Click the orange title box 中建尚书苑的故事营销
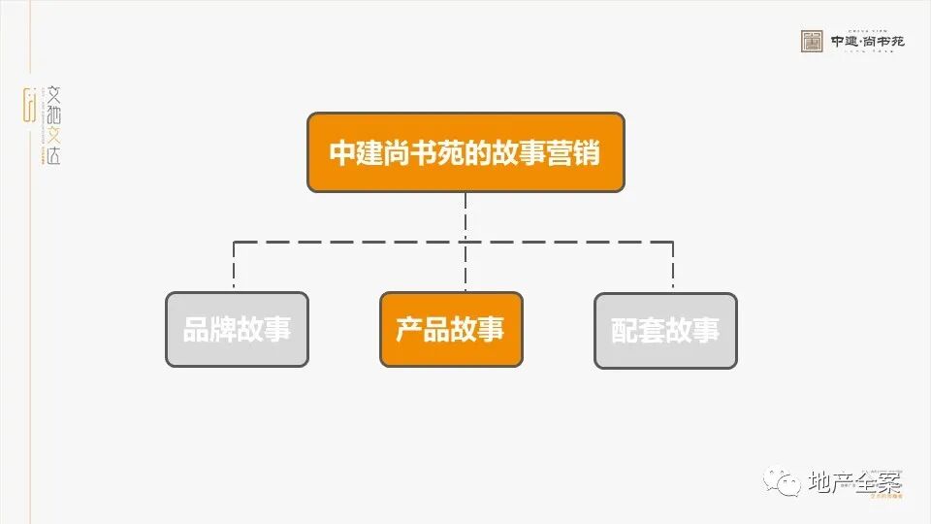click(465, 152)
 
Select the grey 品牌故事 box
click(237, 330)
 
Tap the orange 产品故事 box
click(451, 330)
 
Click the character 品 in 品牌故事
click(196, 330)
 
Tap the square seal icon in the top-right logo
click(812, 42)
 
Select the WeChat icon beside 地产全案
click(779, 479)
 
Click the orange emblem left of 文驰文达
click(29, 105)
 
